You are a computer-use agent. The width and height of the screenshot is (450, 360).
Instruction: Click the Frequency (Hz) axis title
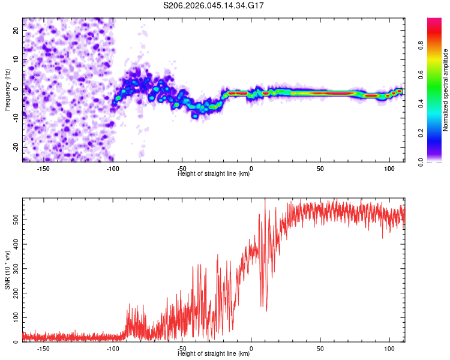7,89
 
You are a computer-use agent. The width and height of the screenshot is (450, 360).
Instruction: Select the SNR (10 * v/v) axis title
7,270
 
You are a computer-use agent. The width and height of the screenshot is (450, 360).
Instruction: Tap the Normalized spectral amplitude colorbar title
446,90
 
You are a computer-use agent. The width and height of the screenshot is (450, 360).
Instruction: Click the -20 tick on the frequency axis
16,147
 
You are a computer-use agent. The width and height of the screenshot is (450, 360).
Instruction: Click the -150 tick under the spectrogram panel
43,169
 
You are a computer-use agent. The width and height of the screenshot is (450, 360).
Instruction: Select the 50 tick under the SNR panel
320,349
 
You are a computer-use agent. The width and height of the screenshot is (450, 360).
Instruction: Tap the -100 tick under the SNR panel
112,349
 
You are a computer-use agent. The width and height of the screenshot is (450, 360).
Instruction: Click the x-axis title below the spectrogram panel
214,174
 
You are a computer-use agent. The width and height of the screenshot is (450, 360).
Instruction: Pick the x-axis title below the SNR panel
214,354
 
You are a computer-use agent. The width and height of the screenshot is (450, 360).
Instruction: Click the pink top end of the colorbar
435,20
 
